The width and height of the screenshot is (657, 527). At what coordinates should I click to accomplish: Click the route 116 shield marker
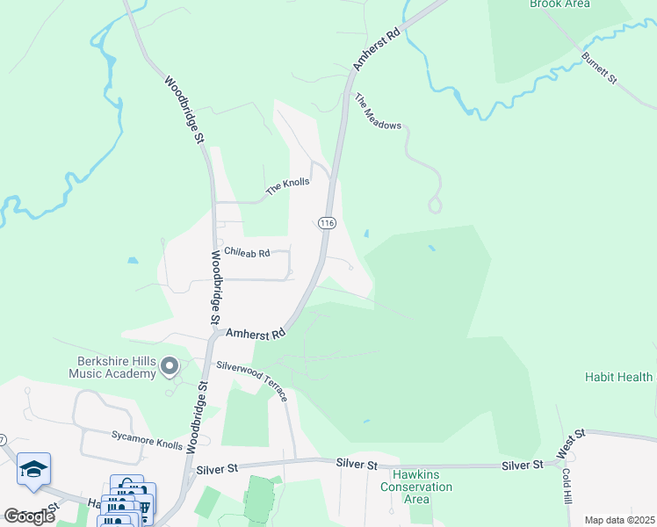click(x=327, y=223)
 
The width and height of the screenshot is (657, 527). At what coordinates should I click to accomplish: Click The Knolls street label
click(x=288, y=185)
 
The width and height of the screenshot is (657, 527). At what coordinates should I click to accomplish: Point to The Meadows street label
click(x=378, y=112)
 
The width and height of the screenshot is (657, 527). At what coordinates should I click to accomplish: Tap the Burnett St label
click(x=600, y=68)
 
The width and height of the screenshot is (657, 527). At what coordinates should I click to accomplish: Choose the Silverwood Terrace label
click(x=253, y=379)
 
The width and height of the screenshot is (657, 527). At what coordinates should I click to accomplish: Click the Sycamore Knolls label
click(x=147, y=439)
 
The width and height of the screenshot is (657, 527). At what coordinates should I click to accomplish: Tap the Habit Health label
click(x=619, y=377)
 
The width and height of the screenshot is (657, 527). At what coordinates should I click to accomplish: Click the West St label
click(x=571, y=445)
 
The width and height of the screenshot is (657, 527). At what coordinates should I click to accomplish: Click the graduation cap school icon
click(x=33, y=470)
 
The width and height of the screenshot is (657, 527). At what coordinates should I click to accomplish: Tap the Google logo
click(x=30, y=516)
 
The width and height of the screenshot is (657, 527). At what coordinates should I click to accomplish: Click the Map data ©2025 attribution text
click(x=618, y=520)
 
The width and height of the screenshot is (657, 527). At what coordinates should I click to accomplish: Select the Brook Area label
click(x=559, y=4)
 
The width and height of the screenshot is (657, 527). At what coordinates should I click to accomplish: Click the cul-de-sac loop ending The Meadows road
click(x=434, y=206)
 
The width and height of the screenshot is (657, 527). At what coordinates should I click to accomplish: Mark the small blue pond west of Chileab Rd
click(x=132, y=261)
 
